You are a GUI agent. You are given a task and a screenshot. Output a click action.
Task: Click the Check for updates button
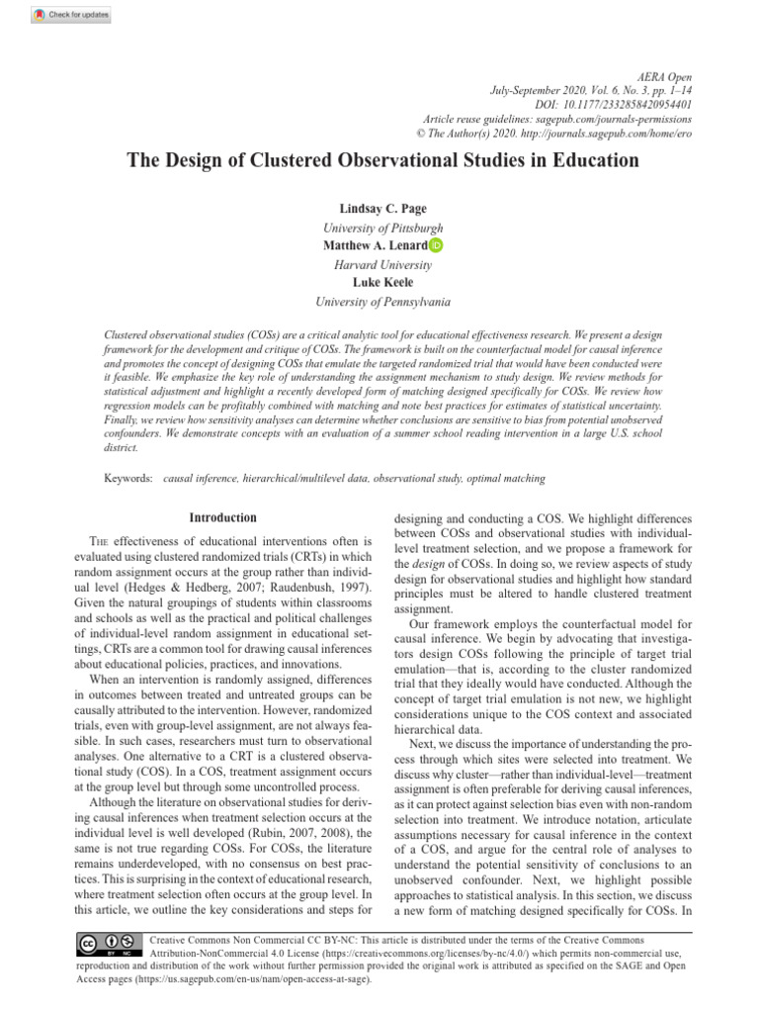[71, 15]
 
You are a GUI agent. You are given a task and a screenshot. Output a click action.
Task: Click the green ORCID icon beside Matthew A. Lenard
[436, 245]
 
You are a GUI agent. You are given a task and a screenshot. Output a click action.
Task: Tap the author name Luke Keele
[382, 282]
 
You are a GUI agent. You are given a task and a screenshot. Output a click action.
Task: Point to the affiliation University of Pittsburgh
[382, 229]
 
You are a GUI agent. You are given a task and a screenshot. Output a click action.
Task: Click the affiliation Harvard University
[382, 264]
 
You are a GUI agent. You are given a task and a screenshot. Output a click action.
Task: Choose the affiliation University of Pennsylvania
[382, 301]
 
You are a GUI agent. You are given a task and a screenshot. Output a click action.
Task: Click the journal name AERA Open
[664, 77]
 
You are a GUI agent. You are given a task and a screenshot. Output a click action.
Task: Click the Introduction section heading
[222, 517]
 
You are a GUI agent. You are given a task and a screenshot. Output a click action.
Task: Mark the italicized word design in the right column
[429, 564]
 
